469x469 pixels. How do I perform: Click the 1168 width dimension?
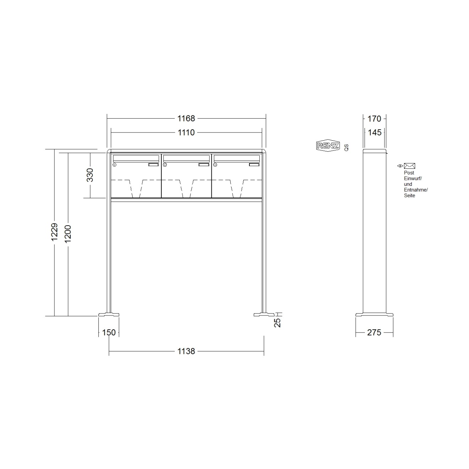tap(186, 118)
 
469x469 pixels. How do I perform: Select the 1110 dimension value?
tap(186, 133)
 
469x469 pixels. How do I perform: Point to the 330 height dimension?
tap(90, 175)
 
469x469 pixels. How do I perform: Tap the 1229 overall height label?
tap(54, 232)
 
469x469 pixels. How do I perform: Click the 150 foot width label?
tap(109, 333)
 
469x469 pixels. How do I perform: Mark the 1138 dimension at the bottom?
tap(186, 351)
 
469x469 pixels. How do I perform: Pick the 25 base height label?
tap(278, 322)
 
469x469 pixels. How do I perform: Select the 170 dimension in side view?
tap(374, 118)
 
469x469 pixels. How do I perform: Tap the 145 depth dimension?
tap(374, 133)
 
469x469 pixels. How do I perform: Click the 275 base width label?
tap(374, 333)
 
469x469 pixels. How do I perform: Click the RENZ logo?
tap(328, 146)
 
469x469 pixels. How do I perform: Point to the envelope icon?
tap(409, 166)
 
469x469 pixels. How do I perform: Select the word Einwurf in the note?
tap(413, 178)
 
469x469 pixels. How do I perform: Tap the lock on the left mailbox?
tap(114, 165)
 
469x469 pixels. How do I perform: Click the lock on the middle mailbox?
tap(165, 165)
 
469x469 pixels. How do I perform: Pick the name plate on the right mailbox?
tap(254, 165)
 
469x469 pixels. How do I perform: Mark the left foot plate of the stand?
tap(109, 314)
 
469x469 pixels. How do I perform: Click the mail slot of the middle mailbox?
tap(186, 158)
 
